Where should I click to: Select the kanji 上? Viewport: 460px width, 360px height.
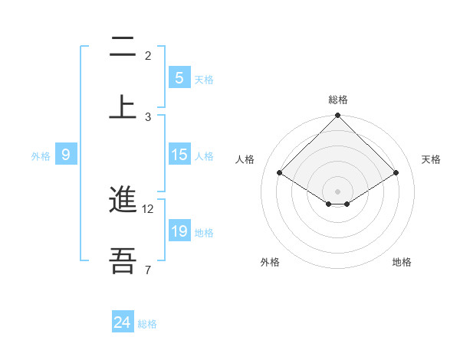[x=123, y=106]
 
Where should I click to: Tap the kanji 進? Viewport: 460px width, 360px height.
[x=123, y=201]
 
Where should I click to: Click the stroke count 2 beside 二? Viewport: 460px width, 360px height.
[x=148, y=56]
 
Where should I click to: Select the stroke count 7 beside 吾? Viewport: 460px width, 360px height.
[x=148, y=270]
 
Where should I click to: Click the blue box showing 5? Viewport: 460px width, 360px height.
[x=179, y=78]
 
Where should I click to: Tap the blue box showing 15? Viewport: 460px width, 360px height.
[x=179, y=155]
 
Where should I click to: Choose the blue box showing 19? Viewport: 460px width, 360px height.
[x=179, y=231]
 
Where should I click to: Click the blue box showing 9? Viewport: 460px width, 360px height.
[x=66, y=155]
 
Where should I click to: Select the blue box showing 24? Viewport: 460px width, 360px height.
[x=123, y=322]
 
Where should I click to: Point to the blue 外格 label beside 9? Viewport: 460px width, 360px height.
[x=41, y=155]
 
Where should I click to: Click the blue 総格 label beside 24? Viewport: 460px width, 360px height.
[x=147, y=324]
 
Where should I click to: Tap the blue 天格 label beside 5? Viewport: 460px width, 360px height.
[x=204, y=79]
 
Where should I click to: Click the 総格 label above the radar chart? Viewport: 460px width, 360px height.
[x=338, y=100]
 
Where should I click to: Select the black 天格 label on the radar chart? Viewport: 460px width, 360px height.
[x=432, y=159]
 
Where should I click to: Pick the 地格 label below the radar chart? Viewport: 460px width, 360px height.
[x=402, y=262]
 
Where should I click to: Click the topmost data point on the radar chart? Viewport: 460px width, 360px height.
[x=338, y=116]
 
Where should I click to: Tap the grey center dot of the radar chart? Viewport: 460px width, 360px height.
[x=338, y=191]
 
